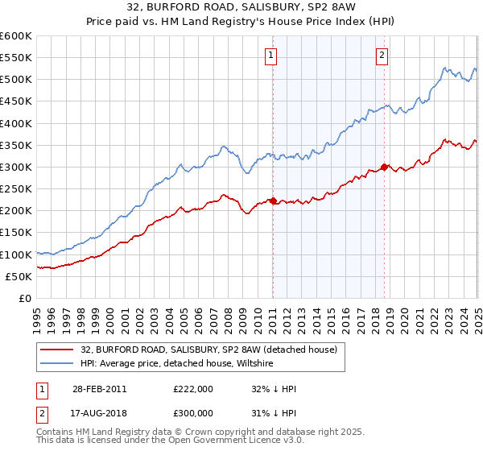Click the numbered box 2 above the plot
click(x=382, y=56)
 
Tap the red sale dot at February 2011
click(x=273, y=201)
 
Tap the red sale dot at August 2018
click(x=384, y=167)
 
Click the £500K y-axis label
click(x=16, y=79)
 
